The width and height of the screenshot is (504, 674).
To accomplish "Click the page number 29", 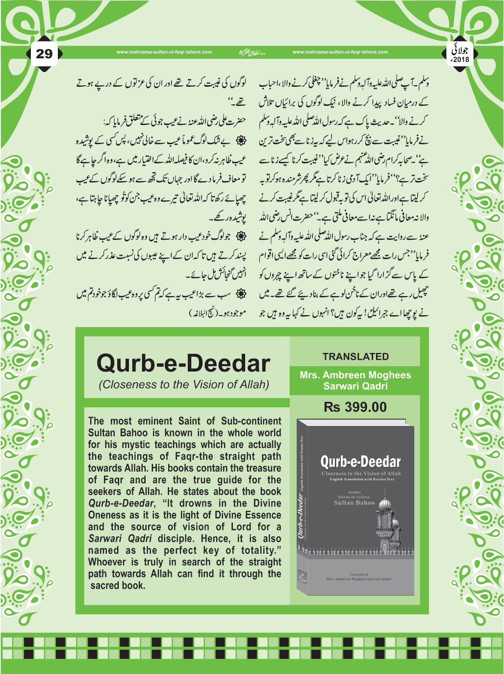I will [x=44, y=53].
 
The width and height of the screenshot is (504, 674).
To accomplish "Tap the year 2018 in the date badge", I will [x=461, y=60].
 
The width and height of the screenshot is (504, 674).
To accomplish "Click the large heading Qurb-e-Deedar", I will [x=183, y=363].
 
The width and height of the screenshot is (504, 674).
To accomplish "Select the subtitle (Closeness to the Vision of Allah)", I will [x=184, y=385].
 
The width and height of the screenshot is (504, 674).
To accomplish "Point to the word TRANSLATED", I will [x=355, y=357].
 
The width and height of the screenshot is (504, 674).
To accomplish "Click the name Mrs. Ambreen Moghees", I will [x=355, y=375].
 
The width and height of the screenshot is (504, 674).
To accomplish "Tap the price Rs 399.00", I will [x=355, y=407].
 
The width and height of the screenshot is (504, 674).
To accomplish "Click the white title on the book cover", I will [x=360, y=462].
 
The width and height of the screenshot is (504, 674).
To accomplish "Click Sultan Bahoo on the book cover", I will [x=354, y=503].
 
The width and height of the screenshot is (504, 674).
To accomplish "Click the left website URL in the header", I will [x=164, y=52].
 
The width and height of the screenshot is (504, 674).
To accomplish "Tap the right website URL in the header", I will [x=340, y=52].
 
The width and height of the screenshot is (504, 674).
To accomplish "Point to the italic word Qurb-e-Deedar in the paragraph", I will [x=121, y=503].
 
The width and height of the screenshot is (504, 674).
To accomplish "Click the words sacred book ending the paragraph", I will [x=118, y=586].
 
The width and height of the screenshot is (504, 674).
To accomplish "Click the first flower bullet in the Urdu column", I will [x=240, y=141].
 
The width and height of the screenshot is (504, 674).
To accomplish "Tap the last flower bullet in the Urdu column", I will [x=240, y=294].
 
